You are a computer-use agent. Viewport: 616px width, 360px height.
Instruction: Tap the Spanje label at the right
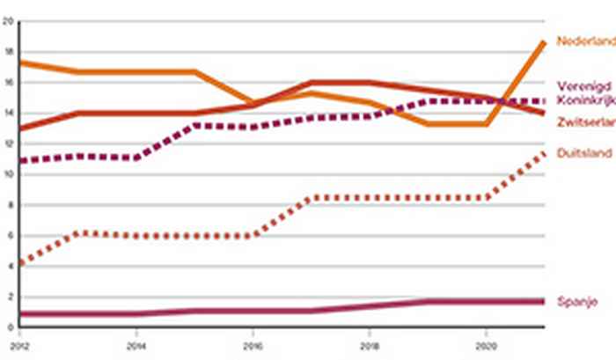click(576, 302)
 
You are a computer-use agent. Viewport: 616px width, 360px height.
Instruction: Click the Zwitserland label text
click(584, 121)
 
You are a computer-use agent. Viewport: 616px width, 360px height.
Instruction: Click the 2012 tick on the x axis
click(19, 335)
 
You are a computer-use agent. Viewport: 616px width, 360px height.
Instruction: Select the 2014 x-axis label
click(136, 335)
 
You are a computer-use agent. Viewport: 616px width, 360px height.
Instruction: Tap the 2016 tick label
click(253, 335)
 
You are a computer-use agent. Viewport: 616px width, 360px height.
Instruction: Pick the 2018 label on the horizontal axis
click(370, 335)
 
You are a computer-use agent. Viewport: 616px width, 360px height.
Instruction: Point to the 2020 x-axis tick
click(487, 335)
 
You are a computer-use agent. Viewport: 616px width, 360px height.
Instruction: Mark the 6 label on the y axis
click(9, 236)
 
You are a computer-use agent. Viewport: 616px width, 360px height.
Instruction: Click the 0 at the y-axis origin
click(9, 327)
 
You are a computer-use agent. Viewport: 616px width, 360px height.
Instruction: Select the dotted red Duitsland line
click(396, 198)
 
